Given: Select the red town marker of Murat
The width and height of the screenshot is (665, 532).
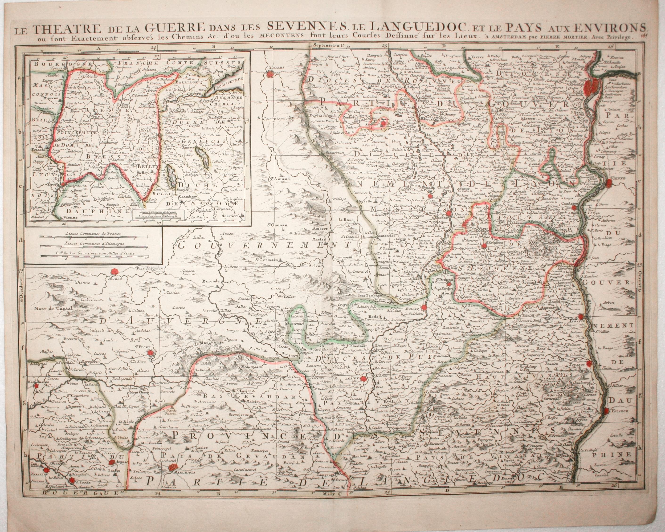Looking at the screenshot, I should [115, 271].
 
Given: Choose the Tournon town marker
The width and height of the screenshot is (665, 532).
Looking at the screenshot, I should [590, 364].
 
